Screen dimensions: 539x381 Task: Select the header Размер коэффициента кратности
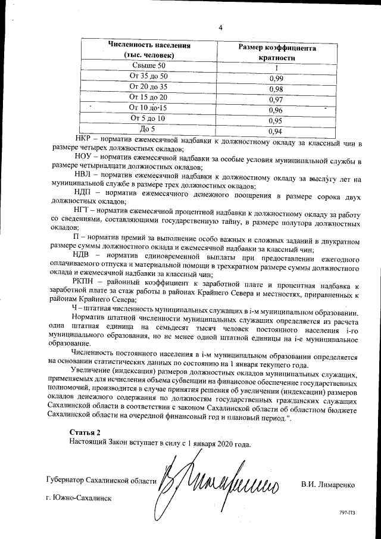coord(277,53)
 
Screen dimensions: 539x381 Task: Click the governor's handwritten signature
coord(220,476)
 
